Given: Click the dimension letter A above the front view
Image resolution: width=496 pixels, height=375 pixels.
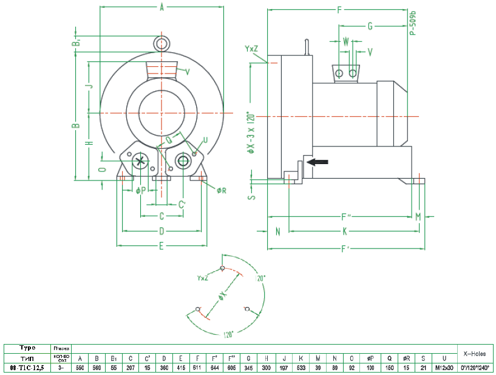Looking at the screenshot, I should click(x=161, y=8).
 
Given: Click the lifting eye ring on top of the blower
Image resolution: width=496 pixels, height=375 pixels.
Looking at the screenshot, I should click(x=161, y=44).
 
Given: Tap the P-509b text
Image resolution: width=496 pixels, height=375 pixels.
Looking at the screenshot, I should click(x=412, y=23).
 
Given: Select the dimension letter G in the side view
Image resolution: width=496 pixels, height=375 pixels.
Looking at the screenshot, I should click(x=370, y=27).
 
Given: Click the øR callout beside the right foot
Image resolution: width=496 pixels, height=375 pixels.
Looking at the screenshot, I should click(x=221, y=190).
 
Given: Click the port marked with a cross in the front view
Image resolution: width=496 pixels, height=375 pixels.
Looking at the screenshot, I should click(x=140, y=161).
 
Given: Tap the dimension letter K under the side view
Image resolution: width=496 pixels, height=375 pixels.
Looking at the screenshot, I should click(x=344, y=231).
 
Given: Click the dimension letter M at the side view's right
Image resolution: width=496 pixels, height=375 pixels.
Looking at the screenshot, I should click(x=418, y=217).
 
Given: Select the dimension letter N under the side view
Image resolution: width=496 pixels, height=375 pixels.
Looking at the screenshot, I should click(x=277, y=231).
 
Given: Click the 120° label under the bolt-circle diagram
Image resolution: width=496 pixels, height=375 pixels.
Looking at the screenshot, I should click(x=228, y=334).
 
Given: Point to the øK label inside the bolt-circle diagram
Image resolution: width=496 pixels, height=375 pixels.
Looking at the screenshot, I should click(x=222, y=297).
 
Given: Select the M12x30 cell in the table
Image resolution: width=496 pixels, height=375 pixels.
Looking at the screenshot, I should click(x=445, y=368).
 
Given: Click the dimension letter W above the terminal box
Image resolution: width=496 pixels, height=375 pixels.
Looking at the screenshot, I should click(x=346, y=42).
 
